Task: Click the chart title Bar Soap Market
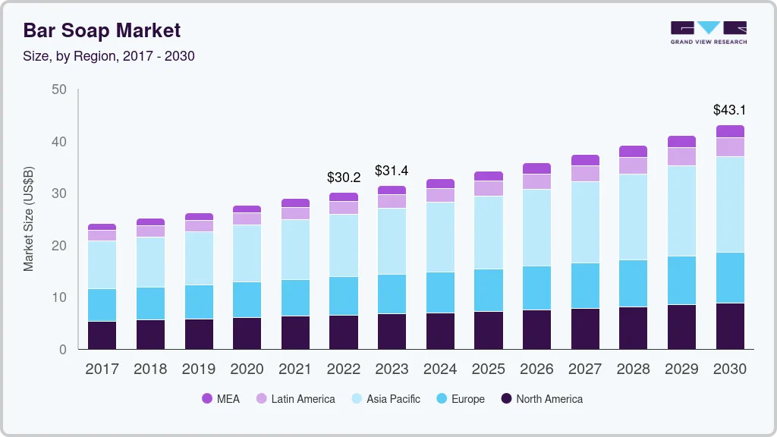coord(102,31)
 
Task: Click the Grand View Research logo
coord(708,33)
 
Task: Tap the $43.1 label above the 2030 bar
coord(729,110)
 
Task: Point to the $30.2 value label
coord(343,178)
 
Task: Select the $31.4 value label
coord(392,171)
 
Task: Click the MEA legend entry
coord(221,399)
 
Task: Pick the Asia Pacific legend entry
coord(385,399)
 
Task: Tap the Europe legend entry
coord(460,399)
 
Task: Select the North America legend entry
coord(542,399)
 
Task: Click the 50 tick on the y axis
coord(59,90)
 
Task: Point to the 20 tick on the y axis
coord(59,246)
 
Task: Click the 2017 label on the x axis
coord(102,369)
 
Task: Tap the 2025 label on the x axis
coord(489,369)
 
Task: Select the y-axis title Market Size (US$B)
coord(29,218)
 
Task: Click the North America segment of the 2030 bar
coord(730,326)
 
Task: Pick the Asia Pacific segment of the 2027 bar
coord(585,222)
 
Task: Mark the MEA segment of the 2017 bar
coord(102,227)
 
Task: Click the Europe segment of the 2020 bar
coord(247,300)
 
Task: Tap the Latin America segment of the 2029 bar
coord(681,156)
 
